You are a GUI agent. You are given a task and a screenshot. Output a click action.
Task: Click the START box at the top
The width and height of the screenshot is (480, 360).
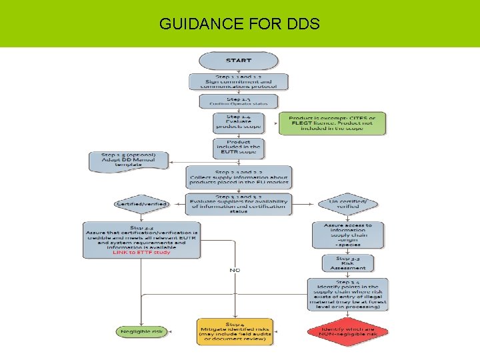[x=239, y=61]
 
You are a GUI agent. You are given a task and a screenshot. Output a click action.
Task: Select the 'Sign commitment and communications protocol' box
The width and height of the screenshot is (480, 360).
[x=239, y=82]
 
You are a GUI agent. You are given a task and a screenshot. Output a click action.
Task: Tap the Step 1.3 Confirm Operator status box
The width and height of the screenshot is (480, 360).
[x=239, y=101]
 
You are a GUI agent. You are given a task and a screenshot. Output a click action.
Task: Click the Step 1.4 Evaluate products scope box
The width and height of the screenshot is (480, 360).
[x=239, y=122]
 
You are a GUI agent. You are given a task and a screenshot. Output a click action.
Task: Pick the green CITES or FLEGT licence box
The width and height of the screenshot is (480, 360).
[x=332, y=123]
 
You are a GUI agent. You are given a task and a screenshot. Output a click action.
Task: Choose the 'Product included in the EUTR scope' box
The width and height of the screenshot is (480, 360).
[x=239, y=148]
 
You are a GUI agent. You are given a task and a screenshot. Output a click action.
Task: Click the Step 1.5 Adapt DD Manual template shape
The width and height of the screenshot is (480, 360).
[x=129, y=160]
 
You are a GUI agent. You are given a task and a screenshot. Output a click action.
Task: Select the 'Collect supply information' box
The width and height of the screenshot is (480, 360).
[x=239, y=177]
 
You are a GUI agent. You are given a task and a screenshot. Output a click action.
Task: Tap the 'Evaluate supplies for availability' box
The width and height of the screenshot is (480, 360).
[x=239, y=203]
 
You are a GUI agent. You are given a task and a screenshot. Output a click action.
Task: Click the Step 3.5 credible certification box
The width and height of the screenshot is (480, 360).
[x=142, y=239]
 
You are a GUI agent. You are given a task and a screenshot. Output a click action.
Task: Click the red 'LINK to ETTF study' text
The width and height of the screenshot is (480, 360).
[x=142, y=253]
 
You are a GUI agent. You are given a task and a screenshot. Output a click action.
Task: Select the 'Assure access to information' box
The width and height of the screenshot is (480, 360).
[x=348, y=235]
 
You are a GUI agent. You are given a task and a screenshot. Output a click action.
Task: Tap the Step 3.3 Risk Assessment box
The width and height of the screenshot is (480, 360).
[x=348, y=263]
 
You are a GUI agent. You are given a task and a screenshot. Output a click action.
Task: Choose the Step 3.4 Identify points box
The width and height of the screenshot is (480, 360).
[x=348, y=294]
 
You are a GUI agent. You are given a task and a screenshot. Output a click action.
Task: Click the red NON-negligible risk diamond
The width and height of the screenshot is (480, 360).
[x=348, y=331]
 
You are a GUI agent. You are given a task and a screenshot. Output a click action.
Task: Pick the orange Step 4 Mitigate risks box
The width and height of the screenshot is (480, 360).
[x=235, y=331]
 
